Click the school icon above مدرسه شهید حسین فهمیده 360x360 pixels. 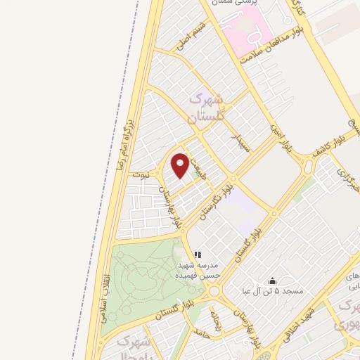coord(198,254)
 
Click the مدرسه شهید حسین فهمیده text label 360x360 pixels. coord(198,271)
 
